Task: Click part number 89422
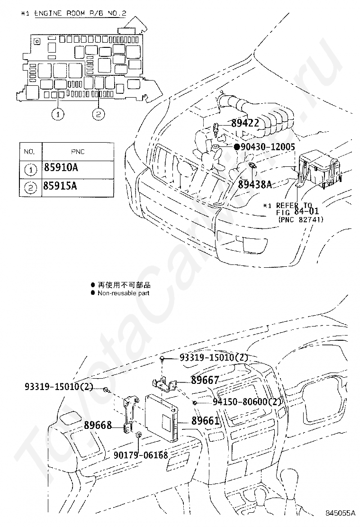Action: (x=245, y=124)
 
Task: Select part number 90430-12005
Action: (x=268, y=147)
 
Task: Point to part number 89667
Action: (x=205, y=380)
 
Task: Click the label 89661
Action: (x=205, y=421)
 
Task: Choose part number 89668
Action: (x=98, y=425)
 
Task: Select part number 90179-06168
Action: (x=141, y=455)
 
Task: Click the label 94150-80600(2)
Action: (x=247, y=402)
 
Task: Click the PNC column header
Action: (x=78, y=152)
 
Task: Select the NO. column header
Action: (x=30, y=152)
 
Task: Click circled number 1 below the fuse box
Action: (x=58, y=114)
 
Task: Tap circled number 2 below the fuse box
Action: (x=98, y=114)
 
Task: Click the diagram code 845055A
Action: (x=340, y=513)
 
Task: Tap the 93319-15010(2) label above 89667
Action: (x=214, y=357)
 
